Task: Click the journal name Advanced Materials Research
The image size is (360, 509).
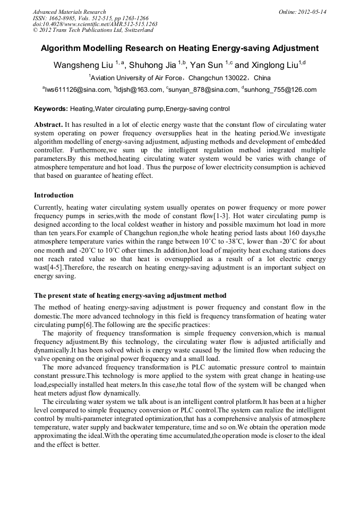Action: [69, 12]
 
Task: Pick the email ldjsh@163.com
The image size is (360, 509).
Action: [140, 90]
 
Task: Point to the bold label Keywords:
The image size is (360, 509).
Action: [51, 109]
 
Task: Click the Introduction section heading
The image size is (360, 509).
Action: [54, 195]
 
